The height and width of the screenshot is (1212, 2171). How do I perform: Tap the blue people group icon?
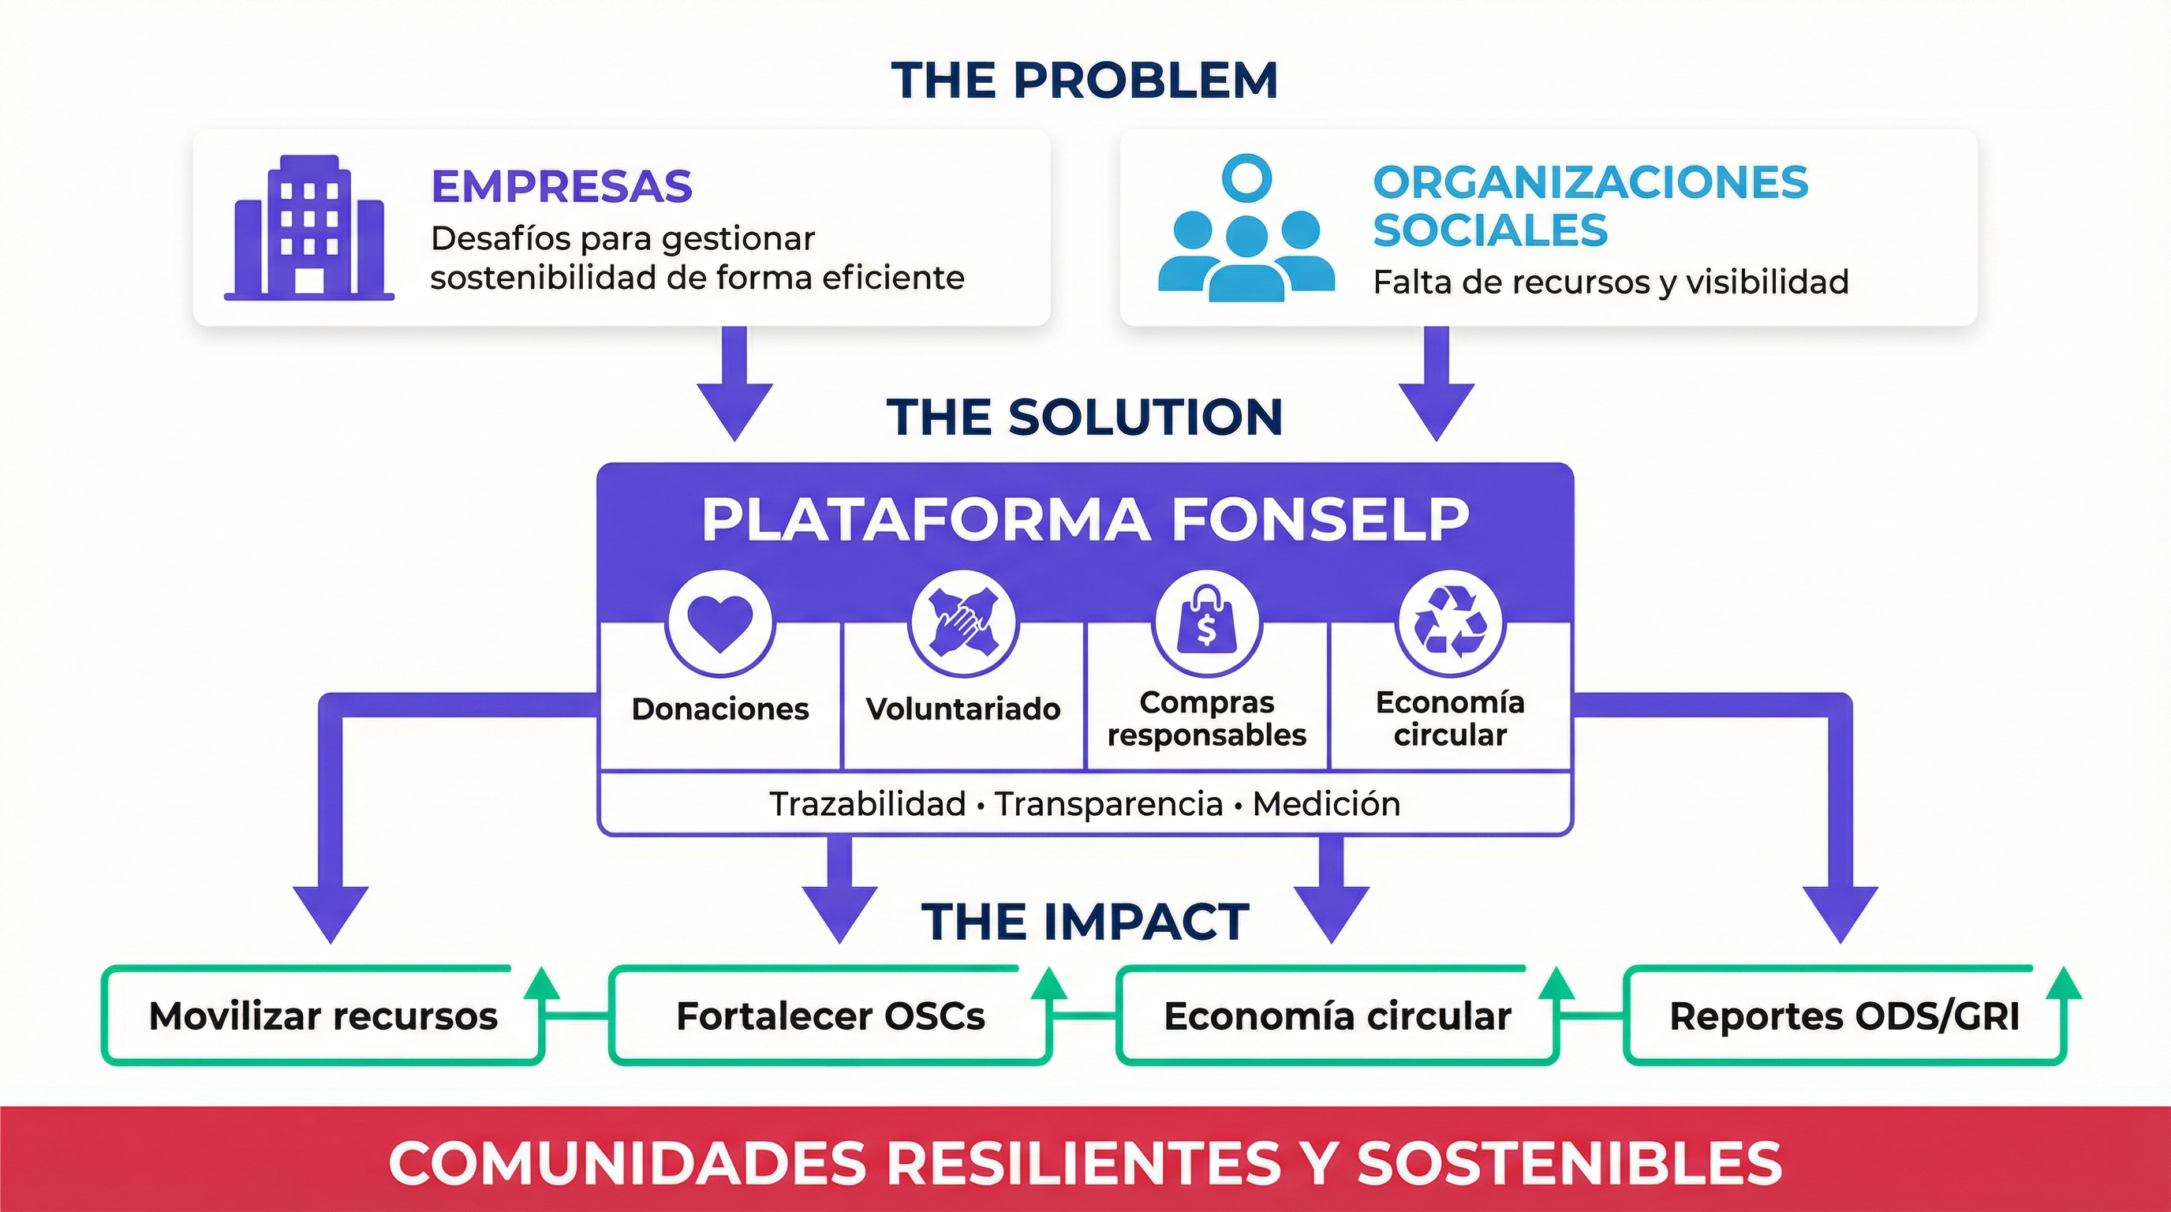[x=1246, y=230]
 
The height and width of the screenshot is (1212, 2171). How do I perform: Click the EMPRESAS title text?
[x=562, y=186]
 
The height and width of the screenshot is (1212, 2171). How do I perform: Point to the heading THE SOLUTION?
[x=1085, y=417]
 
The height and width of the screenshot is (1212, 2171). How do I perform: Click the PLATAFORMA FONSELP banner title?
[x=1085, y=519]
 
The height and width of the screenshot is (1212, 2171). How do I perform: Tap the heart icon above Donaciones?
[x=719, y=623]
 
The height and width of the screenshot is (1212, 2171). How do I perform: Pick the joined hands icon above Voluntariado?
[x=963, y=623]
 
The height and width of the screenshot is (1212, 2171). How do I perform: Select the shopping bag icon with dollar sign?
[x=1207, y=623]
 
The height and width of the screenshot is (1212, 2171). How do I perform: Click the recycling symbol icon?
[x=1450, y=623]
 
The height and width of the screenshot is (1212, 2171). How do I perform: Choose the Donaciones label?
[x=719, y=709]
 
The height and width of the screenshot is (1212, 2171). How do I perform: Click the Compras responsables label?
[x=1207, y=718]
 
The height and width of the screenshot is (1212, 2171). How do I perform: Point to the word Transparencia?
[x=1108, y=804]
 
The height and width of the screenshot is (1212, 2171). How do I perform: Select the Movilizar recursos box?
[x=323, y=1016]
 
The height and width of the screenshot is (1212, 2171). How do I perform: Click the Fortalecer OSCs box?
[x=830, y=1016]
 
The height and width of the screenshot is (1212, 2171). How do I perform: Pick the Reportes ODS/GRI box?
[x=1844, y=1016]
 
